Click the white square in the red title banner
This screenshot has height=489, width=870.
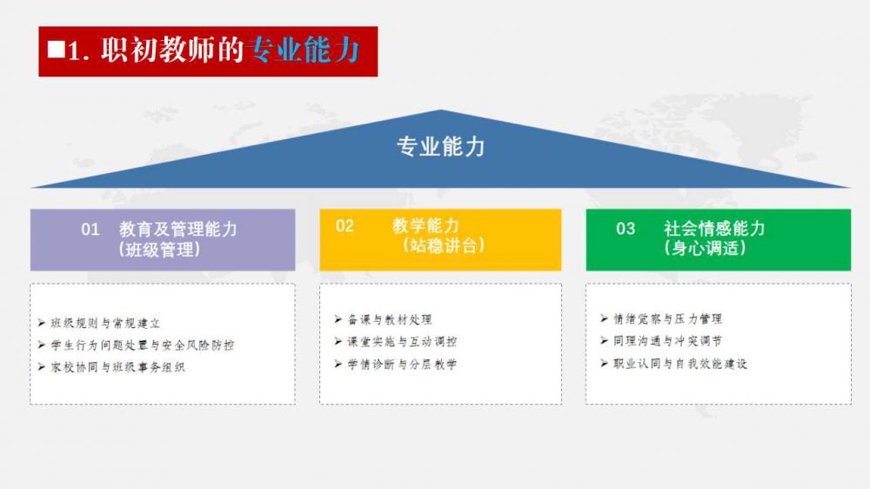click(56, 50)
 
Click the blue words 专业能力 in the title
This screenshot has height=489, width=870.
click(304, 50)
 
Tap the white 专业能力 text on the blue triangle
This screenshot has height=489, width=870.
click(440, 146)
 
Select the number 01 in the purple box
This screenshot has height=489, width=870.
click(90, 229)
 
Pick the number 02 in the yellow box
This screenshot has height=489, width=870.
click(345, 225)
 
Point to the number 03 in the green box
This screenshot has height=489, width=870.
click(626, 228)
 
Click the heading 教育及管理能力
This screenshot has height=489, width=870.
click(177, 229)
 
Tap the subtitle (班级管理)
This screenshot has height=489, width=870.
click(159, 249)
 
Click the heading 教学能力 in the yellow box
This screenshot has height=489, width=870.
click(425, 225)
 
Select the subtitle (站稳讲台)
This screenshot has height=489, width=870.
click(444, 244)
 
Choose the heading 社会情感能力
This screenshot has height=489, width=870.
click(714, 228)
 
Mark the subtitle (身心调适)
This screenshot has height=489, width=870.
click(706, 248)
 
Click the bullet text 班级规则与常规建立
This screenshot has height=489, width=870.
click(105, 323)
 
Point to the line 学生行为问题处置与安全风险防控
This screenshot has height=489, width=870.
click(143, 345)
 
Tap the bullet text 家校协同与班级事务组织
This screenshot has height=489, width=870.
click(117, 367)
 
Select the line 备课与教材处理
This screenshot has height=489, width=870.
click(390, 319)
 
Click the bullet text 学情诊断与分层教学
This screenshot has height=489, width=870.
click(402, 364)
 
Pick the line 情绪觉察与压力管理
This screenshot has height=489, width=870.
click(668, 318)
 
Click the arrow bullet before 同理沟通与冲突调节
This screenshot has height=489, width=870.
click(605, 341)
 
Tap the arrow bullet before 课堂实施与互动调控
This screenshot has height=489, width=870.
click(338, 341)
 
